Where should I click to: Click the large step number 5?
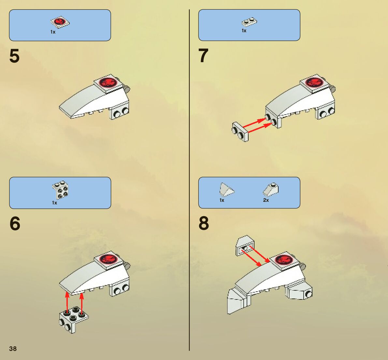(14, 56)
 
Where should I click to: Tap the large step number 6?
(15, 224)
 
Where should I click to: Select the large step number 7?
(203, 56)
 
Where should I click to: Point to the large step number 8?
(204, 223)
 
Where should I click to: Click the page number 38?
(13, 349)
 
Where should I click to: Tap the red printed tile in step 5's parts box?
(60, 22)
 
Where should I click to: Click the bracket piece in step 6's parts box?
(60, 190)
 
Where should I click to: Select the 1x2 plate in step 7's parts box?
(249, 22)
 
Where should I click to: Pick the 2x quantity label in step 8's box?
(266, 200)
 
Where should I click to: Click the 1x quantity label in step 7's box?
(244, 31)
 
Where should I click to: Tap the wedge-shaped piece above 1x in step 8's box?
(226, 189)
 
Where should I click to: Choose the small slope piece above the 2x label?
(271, 188)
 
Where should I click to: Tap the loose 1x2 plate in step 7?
(240, 132)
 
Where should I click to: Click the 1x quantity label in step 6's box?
(54, 203)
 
